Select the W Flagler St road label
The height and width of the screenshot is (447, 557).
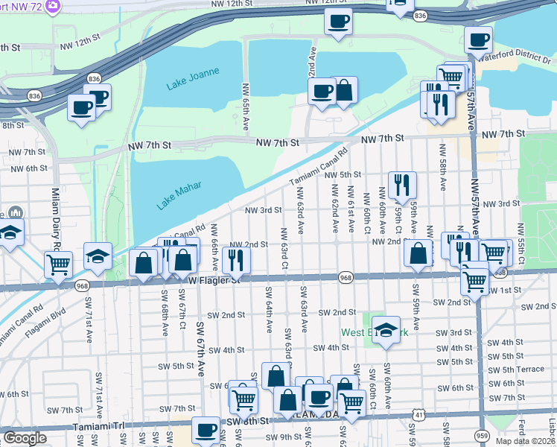tap(214, 280)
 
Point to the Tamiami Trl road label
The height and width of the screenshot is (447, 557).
tap(98, 426)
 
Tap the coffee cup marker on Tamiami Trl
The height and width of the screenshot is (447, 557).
tap(206, 429)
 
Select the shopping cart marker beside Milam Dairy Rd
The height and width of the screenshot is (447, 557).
tap(58, 264)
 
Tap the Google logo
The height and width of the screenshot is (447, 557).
tap(25, 439)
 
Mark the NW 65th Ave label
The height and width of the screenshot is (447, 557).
tap(245, 107)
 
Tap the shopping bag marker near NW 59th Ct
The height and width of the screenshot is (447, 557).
tap(418, 253)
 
